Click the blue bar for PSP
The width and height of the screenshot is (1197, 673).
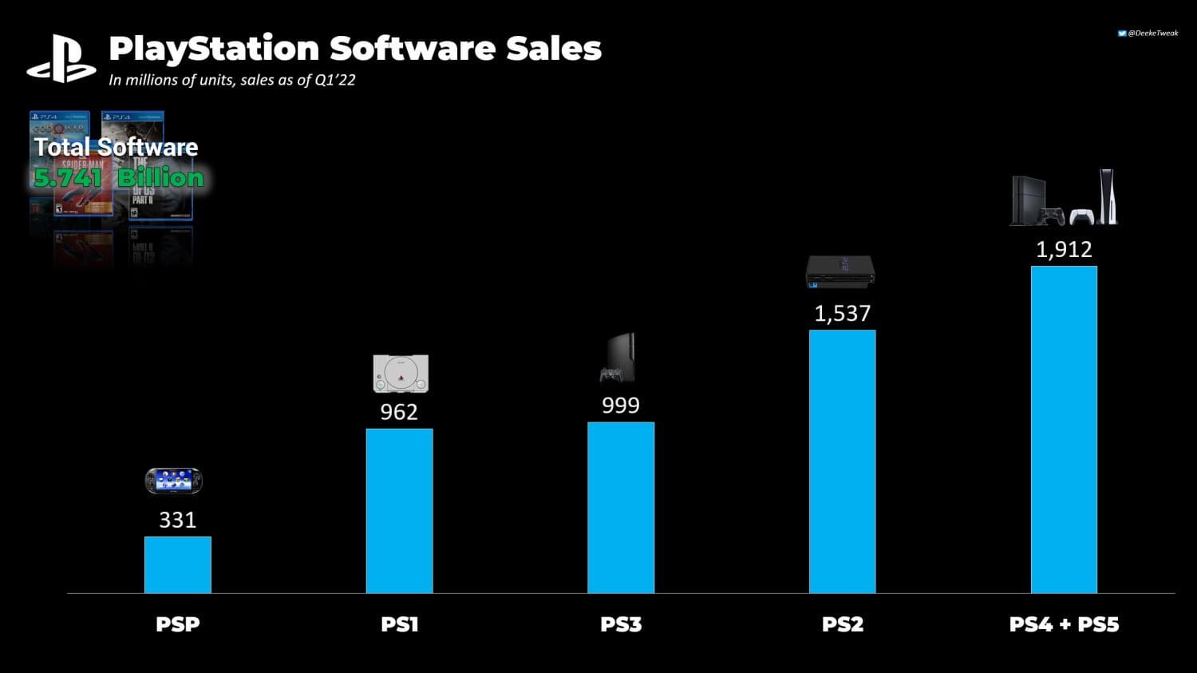pos(177,564)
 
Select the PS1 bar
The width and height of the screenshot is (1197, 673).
pos(399,511)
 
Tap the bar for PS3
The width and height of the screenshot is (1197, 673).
pos(621,508)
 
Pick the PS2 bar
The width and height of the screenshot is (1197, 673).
pos(842,461)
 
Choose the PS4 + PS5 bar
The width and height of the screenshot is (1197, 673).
pos(1064,430)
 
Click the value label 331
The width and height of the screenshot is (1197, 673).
pos(177,520)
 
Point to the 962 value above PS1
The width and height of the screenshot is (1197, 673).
pos(399,412)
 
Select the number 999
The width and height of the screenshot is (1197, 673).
pos(621,406)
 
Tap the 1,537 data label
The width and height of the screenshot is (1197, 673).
pos(842,314)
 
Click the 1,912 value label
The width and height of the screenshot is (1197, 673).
pos(1064,250)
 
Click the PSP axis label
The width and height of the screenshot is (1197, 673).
pos(177,624)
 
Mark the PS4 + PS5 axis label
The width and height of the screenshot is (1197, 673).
pos(1064,624)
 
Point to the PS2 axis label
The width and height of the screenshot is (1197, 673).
pos(842,624)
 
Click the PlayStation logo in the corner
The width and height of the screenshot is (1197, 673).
pos(61,60)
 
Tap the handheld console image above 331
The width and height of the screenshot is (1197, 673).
pos(173,481)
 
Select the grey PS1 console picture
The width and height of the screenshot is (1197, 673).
pos(401,374)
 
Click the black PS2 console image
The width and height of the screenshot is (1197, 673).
pos(840,271)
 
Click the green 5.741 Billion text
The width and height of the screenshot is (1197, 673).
pos(118,177)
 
